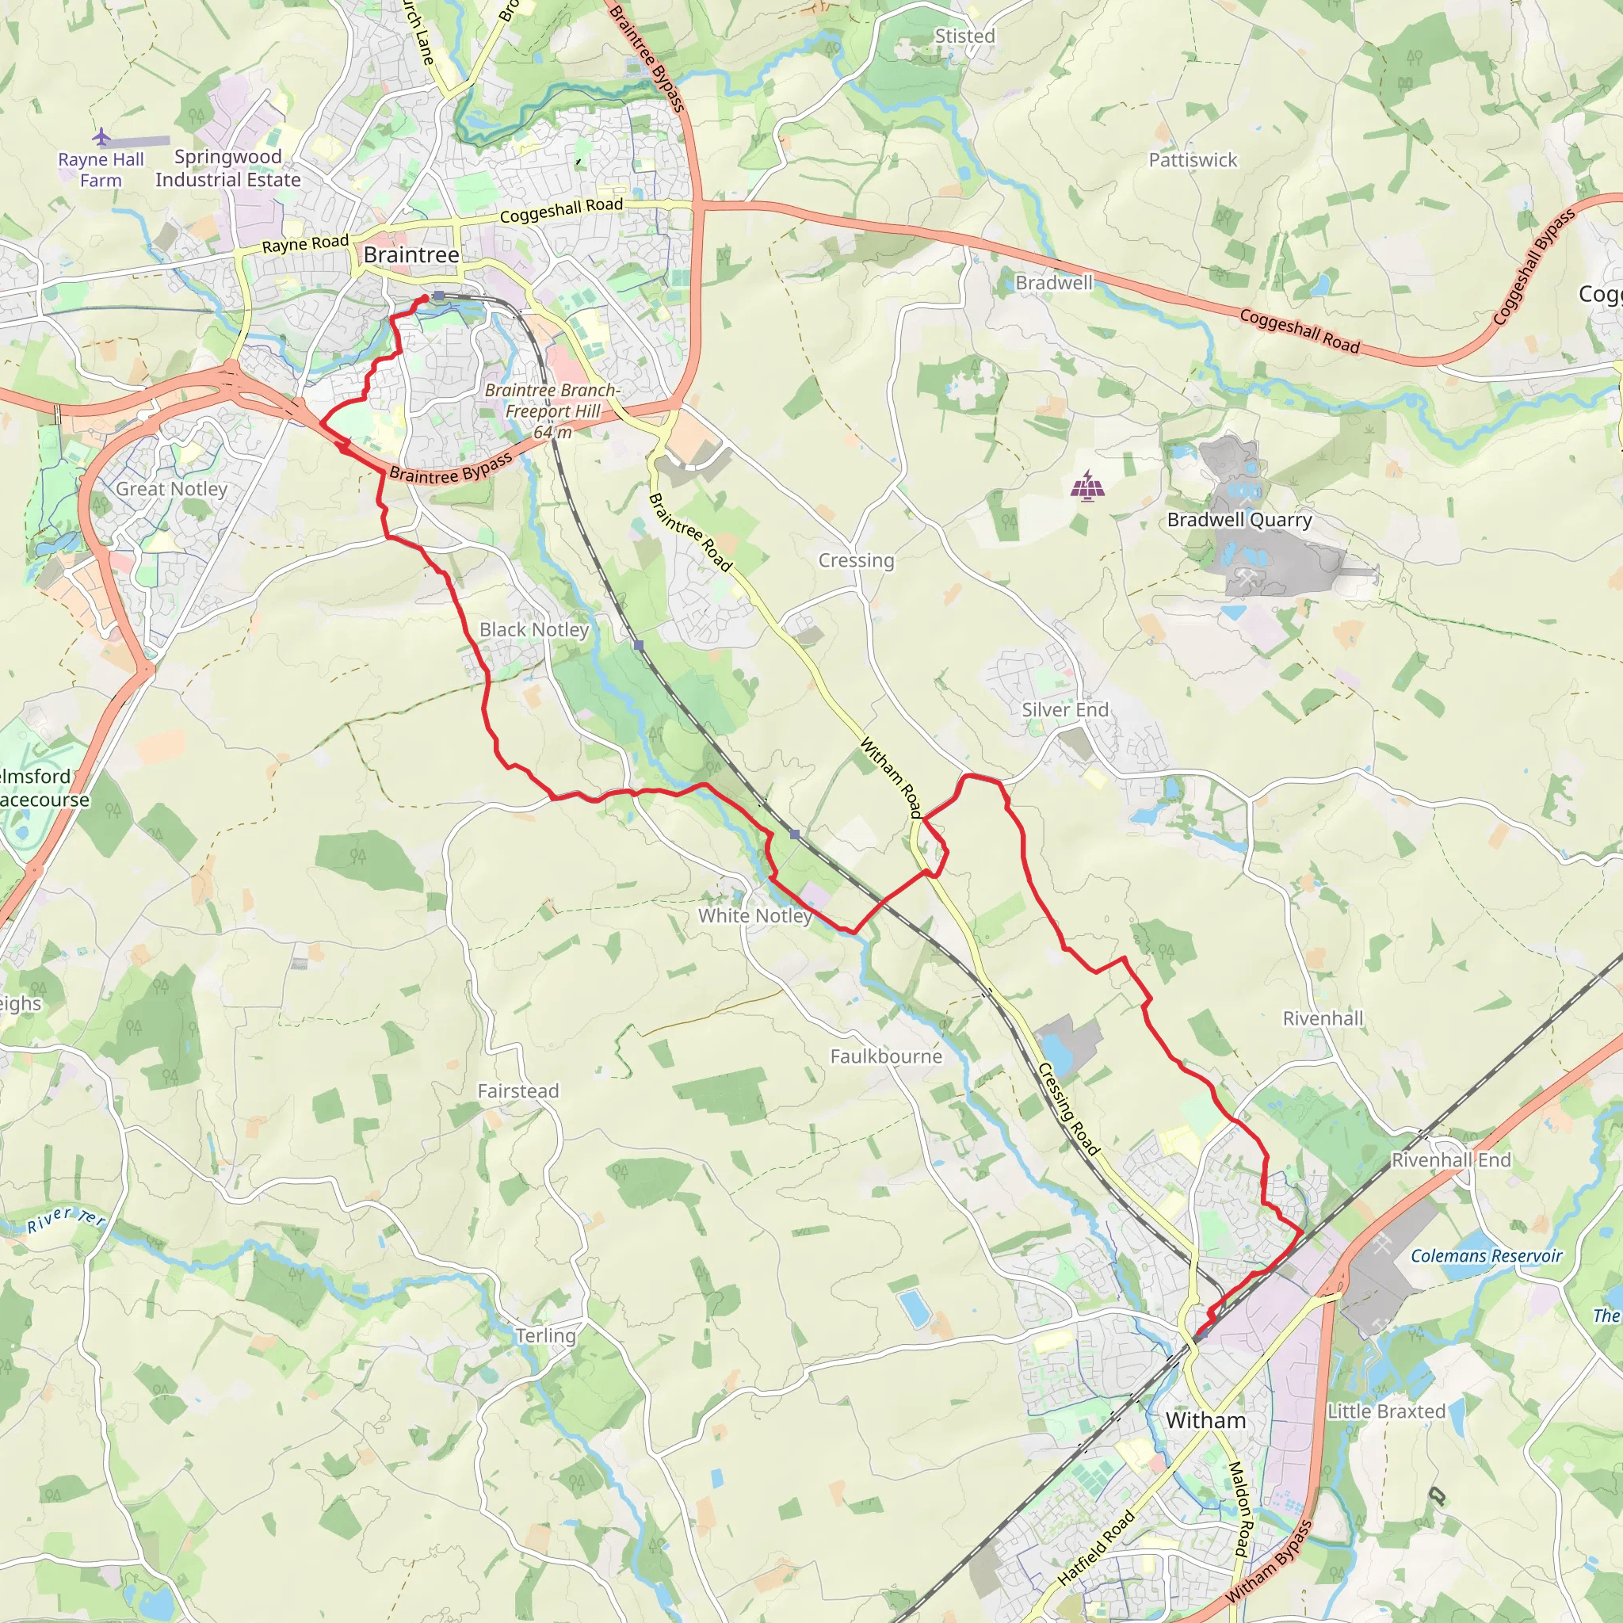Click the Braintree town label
point(411,254)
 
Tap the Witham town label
point(1205,1419)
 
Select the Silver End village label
point(1064,710)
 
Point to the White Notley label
point(754,915)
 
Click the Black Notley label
point(533,629)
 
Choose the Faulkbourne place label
point(886,1056)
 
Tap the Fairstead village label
point(517,1090)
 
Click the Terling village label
point(545,1335)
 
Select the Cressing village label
point(856,560)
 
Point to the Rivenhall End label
point(1451,1160)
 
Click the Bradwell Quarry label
point(1239,520)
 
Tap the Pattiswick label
point(1193,159)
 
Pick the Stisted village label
point(964,36)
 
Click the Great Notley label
point(171,489)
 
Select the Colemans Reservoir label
point(1485,1256)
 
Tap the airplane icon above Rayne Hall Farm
point(101,136)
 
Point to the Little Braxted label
point(1386,1411)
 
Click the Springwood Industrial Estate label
point(227,168)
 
